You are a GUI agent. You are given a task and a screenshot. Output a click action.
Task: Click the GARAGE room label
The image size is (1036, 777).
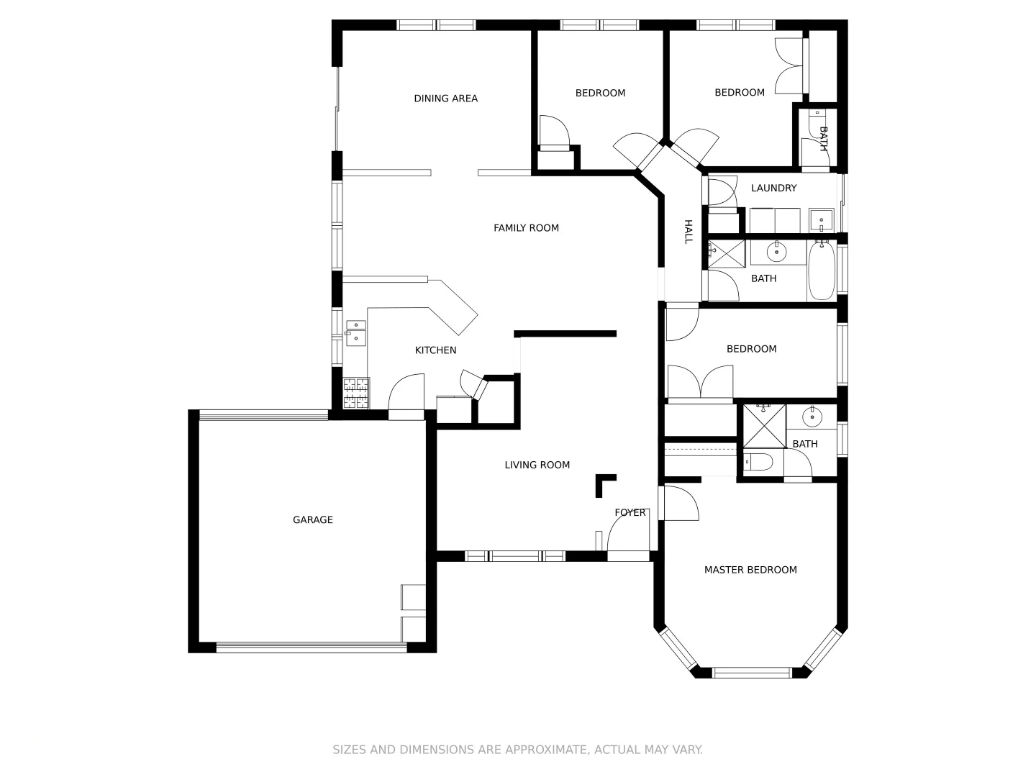[313, 519]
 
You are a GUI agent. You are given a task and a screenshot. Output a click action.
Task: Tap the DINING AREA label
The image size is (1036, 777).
[445, 99]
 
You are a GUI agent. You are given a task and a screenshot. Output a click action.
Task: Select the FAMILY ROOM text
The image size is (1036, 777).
[526, 228]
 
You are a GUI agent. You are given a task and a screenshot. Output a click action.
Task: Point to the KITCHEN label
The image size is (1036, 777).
[435, 350]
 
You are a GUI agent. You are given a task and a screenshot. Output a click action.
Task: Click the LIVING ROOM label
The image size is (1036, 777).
[537, 465]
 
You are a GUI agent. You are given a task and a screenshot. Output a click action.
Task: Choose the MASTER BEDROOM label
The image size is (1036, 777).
[750, 570]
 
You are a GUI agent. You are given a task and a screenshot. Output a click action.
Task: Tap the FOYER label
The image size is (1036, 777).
[630, 513]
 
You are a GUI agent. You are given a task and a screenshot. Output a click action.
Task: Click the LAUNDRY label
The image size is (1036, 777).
[773, 188]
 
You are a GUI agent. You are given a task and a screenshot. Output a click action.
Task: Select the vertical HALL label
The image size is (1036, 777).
[688, 232]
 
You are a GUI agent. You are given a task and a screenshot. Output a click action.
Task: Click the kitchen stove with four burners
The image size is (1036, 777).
[356, 394]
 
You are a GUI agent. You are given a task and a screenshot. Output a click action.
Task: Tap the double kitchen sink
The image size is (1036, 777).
[356, 334]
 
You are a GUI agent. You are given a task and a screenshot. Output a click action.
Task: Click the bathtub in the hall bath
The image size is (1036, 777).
[822, 272]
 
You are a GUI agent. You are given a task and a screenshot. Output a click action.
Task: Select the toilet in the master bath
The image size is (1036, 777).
[758, 461]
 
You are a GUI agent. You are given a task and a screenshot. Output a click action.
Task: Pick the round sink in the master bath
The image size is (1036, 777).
[812, 417]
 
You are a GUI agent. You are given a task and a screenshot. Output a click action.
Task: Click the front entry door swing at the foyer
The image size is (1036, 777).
[628, 535]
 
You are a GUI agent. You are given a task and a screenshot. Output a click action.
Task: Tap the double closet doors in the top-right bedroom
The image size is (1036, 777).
[789, 65]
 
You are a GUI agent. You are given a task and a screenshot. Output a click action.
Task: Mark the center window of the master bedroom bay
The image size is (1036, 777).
[751, 673]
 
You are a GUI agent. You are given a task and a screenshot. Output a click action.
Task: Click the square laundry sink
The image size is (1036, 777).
[821, 219]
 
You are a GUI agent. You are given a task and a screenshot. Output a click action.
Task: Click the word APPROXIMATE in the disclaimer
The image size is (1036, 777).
[545, 750]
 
